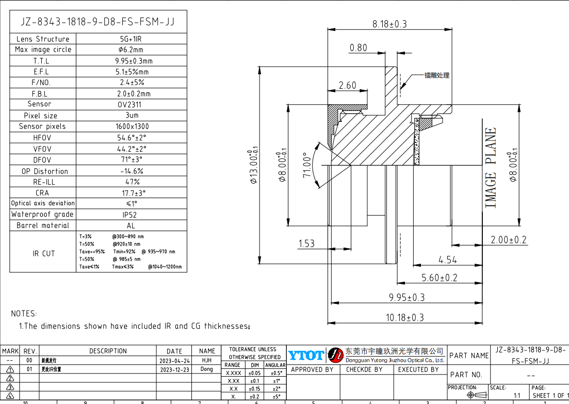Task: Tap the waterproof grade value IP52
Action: (x=131, y=214)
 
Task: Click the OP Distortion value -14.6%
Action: (x=132, y=171)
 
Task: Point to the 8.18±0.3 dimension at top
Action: (x=389, y=24)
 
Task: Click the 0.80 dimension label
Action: (x=359, y=48)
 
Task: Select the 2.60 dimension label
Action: (x=347, y=86)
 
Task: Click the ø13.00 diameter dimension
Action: (x=253, y=167)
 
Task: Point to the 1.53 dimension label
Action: (x=306, y=244)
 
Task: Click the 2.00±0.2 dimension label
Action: (x=509, y=240)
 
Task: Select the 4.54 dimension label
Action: (x=447, y=260)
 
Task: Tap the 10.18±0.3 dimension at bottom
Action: (x=405, y=318)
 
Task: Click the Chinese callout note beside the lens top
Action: (x=436, y=75)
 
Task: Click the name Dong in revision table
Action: (x=206, y=369)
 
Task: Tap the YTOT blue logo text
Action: (x=306, y=355)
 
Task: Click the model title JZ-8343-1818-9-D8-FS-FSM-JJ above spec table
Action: (x=97, y=22)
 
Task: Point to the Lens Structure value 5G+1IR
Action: (x=131, y=39)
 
